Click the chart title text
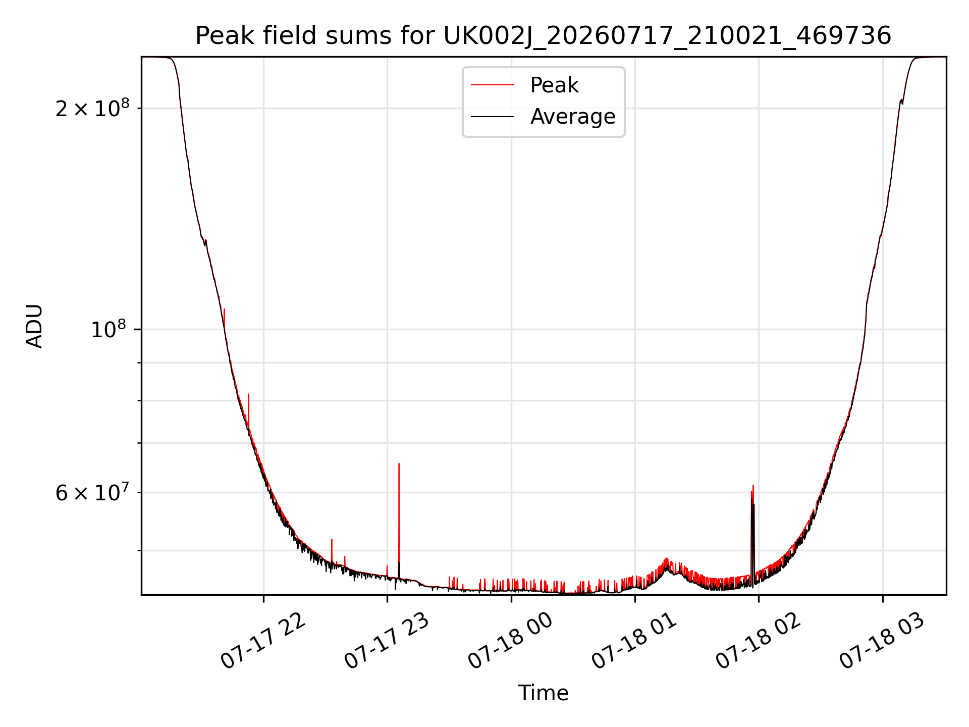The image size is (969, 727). tap(543, 36)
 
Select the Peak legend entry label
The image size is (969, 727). tap(554, 85)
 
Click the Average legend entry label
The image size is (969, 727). tap(573, 117)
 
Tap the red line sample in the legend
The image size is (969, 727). tap(492, 85)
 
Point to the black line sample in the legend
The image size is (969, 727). tap(492, 117)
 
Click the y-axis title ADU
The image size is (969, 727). tap(34, 326)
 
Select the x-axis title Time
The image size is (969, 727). tap(543, 693)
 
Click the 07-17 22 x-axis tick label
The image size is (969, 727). tap(263, 641)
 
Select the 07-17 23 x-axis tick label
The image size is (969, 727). tap(387, 641)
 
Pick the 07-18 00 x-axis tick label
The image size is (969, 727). tap(511, 641)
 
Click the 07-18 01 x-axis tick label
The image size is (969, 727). tap(634, 641)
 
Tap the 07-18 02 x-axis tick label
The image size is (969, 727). tap(759, 641)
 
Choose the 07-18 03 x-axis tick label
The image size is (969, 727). tap(882, 641)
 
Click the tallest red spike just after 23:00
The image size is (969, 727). tap(399, 520)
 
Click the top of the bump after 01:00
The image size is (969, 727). tap(667, 559)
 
